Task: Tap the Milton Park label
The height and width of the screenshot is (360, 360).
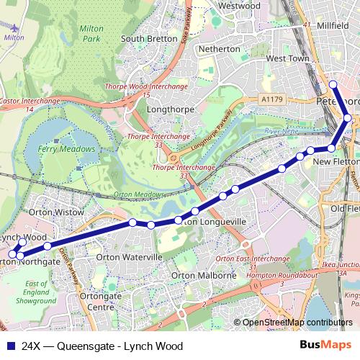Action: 92,32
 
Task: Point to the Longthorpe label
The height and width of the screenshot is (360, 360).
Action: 167,110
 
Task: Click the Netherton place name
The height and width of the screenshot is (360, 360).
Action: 219,49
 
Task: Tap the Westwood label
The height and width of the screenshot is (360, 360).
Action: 238,6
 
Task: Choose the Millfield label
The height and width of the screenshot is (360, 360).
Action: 333,25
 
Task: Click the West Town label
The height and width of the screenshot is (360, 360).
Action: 287,58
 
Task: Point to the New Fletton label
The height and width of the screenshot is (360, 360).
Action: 336,163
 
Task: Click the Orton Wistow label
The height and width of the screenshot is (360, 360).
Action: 61,213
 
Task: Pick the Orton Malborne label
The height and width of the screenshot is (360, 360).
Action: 204,276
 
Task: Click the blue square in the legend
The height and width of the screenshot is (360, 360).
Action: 11,346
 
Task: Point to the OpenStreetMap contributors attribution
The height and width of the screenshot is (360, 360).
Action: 298,323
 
